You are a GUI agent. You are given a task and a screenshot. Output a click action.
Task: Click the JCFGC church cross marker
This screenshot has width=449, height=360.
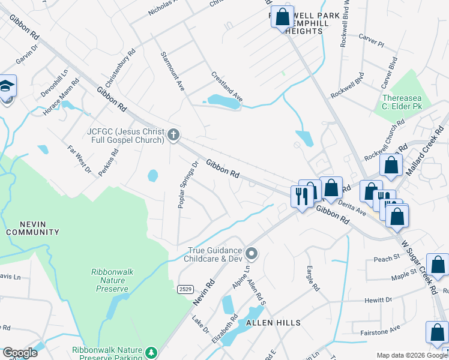tap(173, 134)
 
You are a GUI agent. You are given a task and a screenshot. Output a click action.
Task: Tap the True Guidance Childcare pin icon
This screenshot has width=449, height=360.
tap(252, 254)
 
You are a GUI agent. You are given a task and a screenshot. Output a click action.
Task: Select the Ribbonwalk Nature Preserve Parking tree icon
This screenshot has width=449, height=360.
tap(152, 351)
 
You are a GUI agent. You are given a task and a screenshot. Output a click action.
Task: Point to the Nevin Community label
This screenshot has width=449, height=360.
tap(32, 227)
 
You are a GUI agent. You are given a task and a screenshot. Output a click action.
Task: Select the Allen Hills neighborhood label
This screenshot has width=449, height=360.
tap(268, 323)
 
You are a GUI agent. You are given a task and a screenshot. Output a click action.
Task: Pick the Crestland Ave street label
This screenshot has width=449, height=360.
tap(227, 86)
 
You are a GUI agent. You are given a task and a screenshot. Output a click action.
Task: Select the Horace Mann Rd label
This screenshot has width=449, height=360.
tap(61, 98)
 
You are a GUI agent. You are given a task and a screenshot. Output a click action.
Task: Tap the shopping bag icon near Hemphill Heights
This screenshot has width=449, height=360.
tap(282, 17)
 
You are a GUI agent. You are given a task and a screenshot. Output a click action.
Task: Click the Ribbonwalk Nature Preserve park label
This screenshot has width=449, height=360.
tap(109, 280)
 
